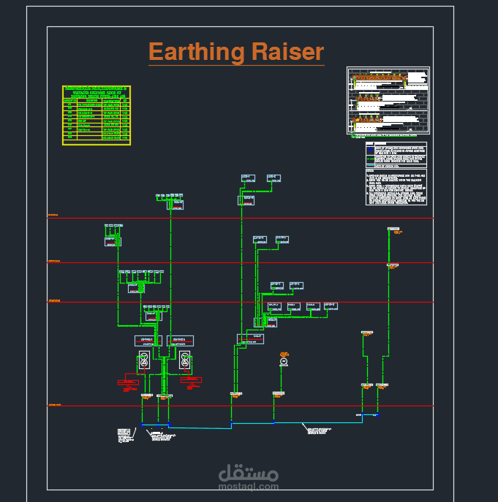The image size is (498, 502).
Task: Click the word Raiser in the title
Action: point(287,52)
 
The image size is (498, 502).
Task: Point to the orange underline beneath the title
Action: point(235,66)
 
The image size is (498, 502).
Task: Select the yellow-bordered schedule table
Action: point(97,114)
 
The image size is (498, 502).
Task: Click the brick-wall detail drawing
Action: point(388,100)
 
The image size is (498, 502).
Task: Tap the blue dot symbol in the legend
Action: point(369,150)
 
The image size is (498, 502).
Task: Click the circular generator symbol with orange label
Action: point(284,362)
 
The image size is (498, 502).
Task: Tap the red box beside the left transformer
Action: point(129,381)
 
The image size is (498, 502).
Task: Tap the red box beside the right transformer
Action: point(193,380)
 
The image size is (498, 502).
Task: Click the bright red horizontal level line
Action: point(241,218)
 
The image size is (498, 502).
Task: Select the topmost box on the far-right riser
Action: point(394,229)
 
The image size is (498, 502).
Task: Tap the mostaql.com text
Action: point(249,485)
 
